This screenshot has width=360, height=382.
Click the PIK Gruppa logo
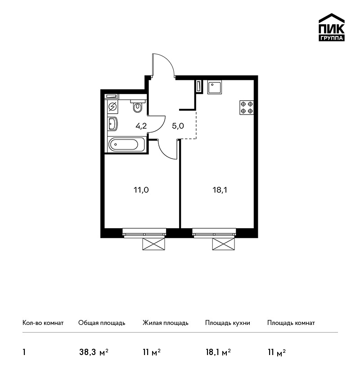pos(332,27)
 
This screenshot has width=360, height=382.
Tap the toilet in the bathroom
pos(138,106)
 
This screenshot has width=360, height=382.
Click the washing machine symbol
pos(112,107)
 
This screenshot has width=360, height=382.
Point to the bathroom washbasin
pos(112,124)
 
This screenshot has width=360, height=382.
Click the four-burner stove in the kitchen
pos(247,108)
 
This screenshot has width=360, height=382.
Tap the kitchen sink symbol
pos(215,88)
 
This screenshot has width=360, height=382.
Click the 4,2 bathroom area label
pos(141,126)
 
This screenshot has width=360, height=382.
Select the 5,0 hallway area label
pos(178,126)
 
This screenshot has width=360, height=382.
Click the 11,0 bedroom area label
pos(141,190)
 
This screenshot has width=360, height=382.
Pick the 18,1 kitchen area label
pos(220,190)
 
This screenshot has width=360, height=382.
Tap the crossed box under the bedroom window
pos(153,244)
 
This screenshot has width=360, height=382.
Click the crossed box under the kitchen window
pos(224,244)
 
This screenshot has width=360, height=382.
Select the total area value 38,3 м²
pos(94,352)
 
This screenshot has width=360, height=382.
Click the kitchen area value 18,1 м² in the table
pos(218,352)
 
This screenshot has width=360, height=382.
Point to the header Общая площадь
pos(102,323)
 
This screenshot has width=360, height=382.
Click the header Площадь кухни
pos(228,323)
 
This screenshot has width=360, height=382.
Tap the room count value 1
pos(24,352)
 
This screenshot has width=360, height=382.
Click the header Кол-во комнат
pos(43,323)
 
